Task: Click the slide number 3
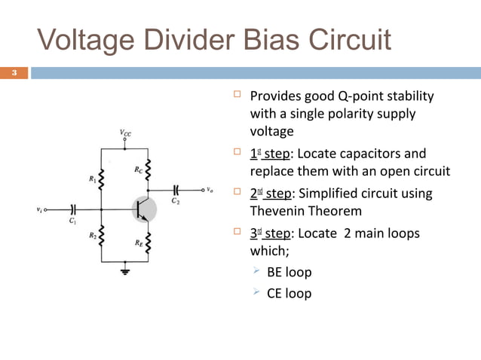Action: pos(13,73)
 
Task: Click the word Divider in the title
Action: pos(185,39)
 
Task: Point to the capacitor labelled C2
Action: pos(177,190)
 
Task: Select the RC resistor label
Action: pos(139,170)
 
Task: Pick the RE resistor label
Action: pos(139,243)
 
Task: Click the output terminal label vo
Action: pos(210,190)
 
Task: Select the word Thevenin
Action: pos(278,211)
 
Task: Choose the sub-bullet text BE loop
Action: pos(289,272)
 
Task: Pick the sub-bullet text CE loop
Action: pos(289,293)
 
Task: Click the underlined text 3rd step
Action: pos(272,233)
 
